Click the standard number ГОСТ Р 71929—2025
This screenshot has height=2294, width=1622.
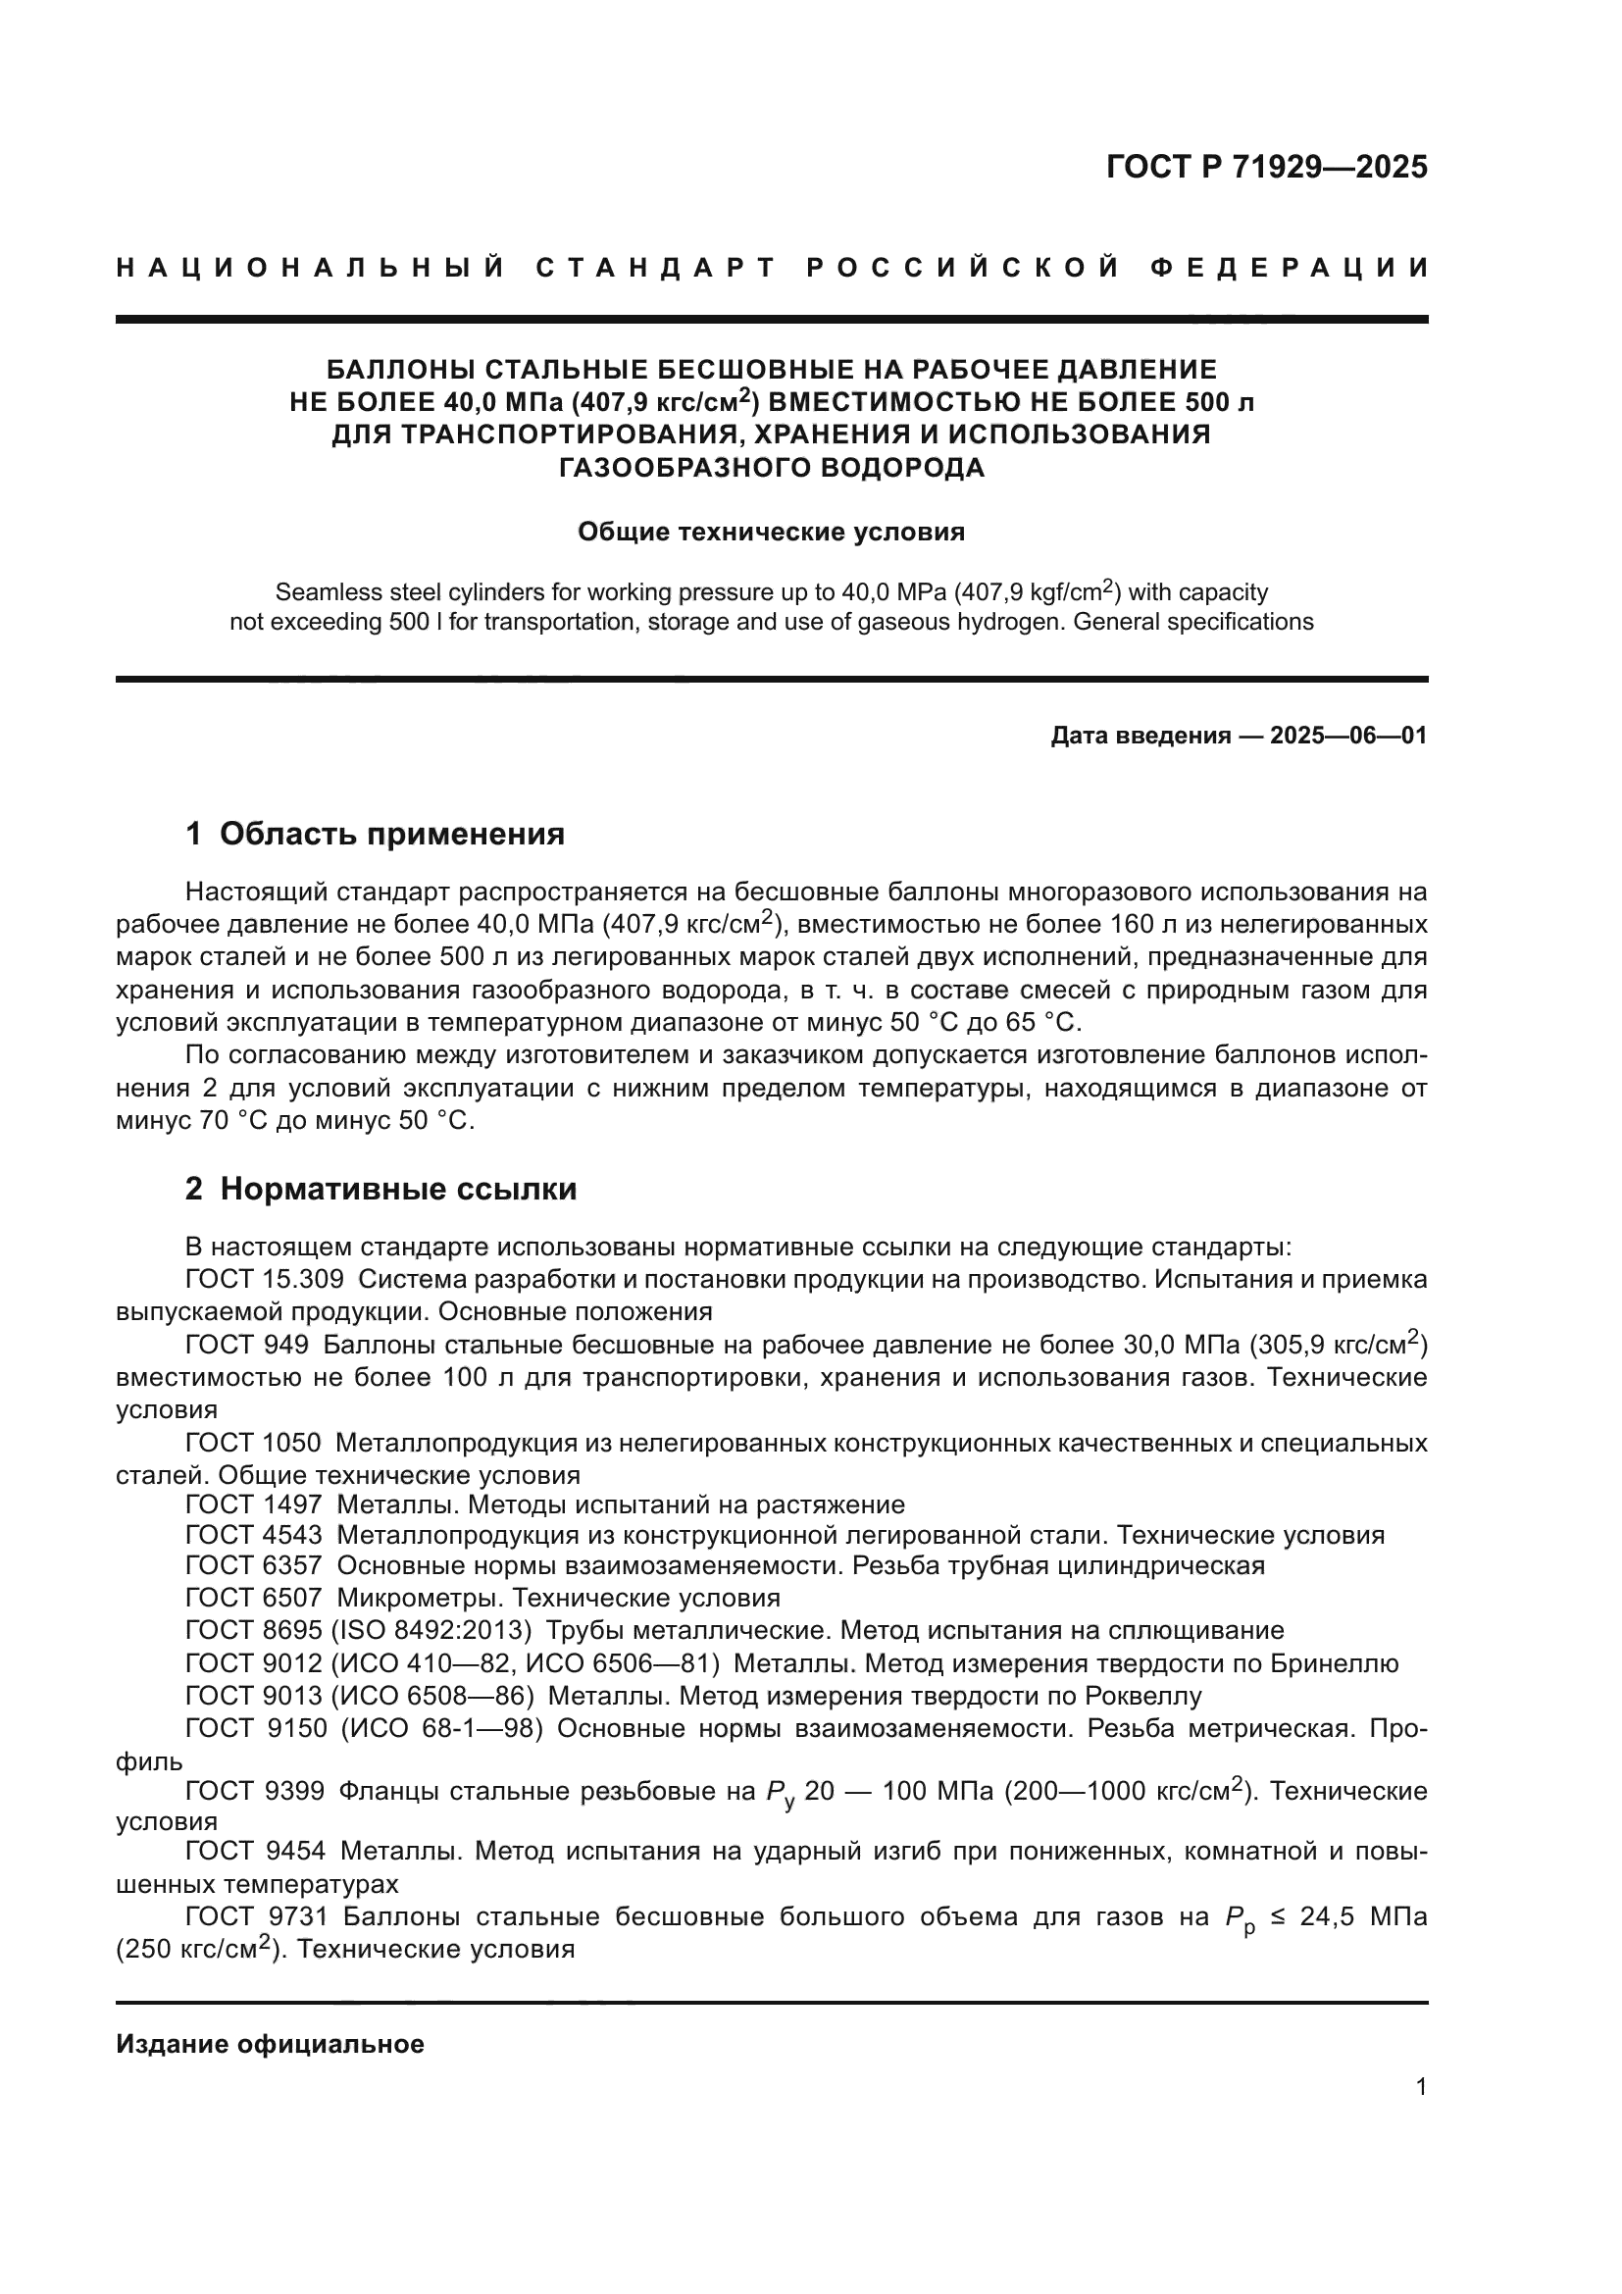click(x=1265, y=167)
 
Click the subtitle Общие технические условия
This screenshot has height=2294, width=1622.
click(x=771, y=532)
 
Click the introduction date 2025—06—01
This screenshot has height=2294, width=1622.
click(x=1347, y=737)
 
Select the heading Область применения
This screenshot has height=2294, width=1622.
click(x=390, y=834)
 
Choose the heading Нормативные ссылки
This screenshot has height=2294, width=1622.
click(x=397, y=1189)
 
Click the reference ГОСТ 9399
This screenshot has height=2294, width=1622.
click(x=255, y=1792)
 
